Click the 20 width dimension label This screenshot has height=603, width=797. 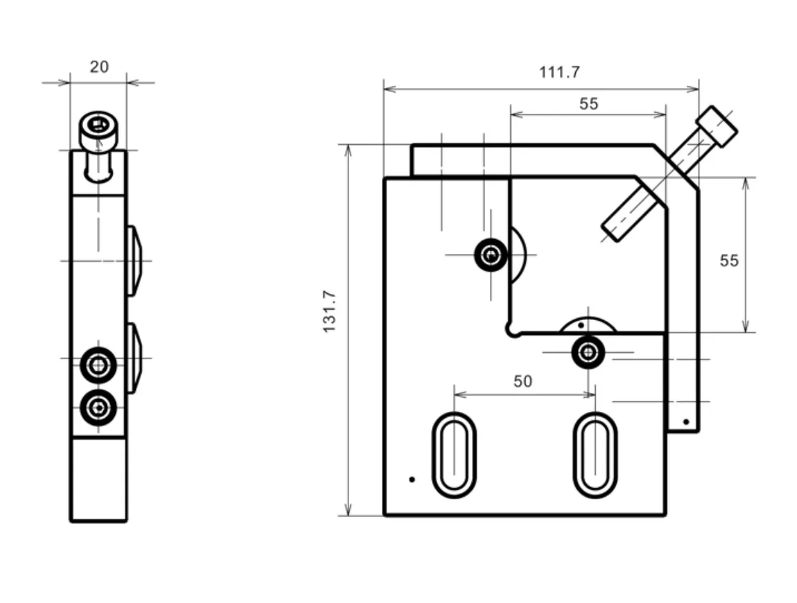point(99,67)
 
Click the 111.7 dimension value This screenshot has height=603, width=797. point(559,72)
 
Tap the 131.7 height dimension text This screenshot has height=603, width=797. point(329,311)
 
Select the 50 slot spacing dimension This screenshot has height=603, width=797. point(523,381)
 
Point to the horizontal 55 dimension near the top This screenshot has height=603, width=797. point(589,104)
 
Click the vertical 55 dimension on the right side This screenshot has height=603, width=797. point(729,260)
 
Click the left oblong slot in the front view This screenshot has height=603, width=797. point(454,455)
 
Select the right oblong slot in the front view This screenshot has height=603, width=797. point(595,455)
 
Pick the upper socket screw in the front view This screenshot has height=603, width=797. point(491,255)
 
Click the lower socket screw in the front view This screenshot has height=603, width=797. point(588,352)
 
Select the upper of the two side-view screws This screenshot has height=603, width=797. point(98,365)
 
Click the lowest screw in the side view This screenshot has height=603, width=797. point(98,407)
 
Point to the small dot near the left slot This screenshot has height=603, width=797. point(412,479)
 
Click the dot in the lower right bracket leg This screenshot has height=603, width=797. point(686,422)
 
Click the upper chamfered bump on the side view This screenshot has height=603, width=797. point(134,260)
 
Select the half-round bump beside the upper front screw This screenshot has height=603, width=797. point(517,255)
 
